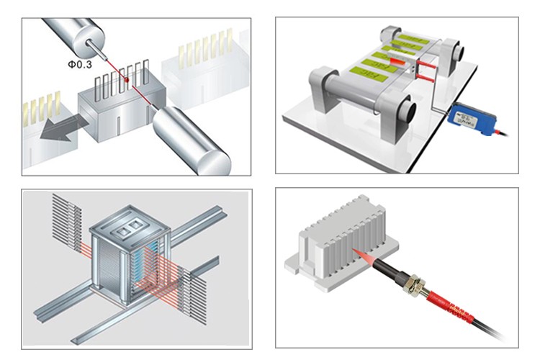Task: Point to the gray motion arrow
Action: coord(58,131)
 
